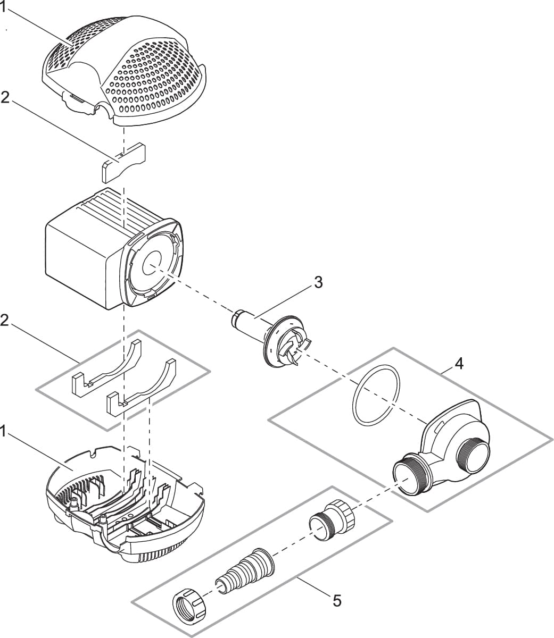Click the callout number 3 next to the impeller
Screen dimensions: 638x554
(x=318, y=282)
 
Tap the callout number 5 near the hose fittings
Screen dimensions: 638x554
(x=337, y=601)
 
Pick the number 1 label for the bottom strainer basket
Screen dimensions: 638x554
(x=4, y=432)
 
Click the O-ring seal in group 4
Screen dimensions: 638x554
(x=376, y=394)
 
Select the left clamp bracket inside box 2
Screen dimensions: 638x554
(x=106, y=372)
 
